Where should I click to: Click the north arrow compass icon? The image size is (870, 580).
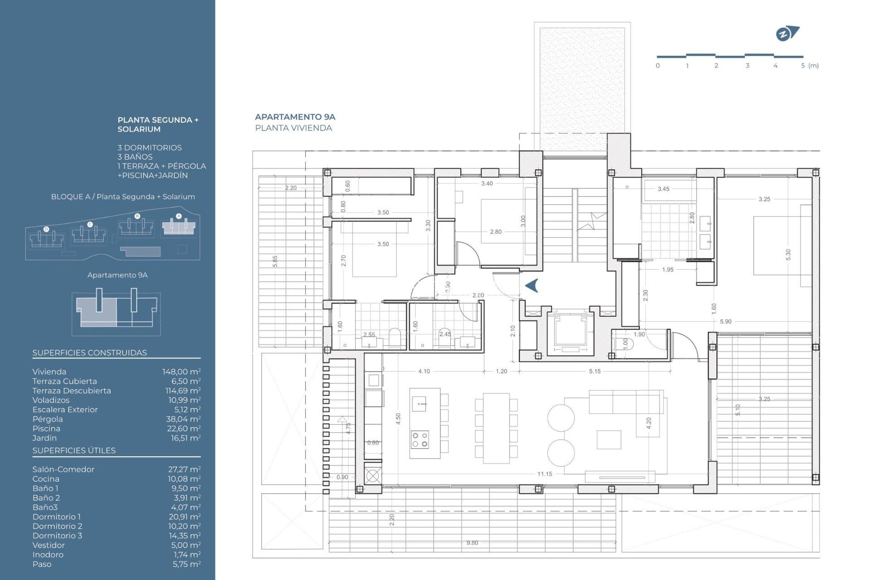coord(787,34)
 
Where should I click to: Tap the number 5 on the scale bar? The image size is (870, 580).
coord(803,66)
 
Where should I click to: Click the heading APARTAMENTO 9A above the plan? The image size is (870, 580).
coord(295,117)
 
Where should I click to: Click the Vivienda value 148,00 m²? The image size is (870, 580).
coord(181,372)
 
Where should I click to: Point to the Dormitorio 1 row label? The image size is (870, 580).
coord(57,517)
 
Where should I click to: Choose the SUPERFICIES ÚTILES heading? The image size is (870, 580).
coord(74,451)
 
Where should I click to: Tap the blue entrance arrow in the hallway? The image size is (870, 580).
coord(532,285)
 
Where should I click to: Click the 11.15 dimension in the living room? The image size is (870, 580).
coord(545,474)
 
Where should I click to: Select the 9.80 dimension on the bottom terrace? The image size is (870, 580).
coord(472,543)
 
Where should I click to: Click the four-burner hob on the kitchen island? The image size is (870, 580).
coord(419,440)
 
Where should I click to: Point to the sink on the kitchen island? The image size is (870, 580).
coord(419,403)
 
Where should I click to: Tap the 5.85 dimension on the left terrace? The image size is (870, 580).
coord(275,261)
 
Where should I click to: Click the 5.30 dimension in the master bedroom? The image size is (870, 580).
coord(788,255)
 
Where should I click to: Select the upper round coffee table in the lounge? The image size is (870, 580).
coord(561,418)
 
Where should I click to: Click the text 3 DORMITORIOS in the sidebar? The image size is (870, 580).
coord(150,148)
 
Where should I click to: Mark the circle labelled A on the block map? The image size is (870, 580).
coord(179,216)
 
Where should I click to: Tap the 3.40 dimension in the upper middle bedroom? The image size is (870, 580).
coord(487,184)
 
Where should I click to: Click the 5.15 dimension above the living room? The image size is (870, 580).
coord(594,371)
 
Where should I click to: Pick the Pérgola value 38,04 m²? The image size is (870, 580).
coord(184,419)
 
